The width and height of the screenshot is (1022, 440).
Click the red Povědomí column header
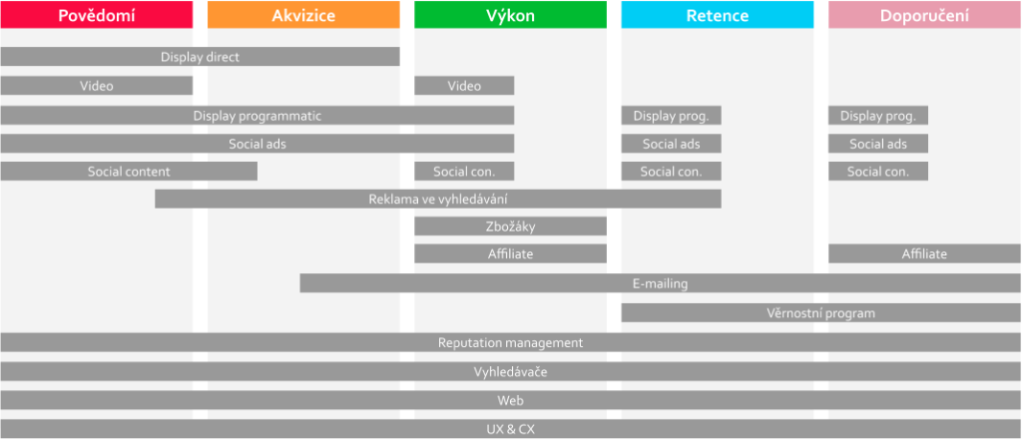point(96,15)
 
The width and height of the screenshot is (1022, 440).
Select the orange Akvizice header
point(303,15)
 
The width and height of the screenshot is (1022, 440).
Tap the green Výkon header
point(510,15)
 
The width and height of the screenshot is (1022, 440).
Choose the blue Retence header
point(718,15)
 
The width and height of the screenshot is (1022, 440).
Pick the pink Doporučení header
point(924,15)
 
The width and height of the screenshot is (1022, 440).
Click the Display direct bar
point(200,57)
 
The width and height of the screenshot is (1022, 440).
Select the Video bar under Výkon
point(464,86)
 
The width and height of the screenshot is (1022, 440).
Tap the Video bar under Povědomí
point(96,86)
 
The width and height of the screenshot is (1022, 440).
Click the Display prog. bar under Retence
point(671,116)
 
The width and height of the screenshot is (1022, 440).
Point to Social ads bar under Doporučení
point(878,144)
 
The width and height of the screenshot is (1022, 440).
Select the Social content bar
point(129,172)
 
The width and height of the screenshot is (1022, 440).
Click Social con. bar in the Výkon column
point(464,172)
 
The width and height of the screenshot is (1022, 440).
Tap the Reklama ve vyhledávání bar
point(437,200)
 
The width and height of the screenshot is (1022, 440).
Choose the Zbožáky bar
point(510,226)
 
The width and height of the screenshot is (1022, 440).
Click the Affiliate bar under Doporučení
point(924,254)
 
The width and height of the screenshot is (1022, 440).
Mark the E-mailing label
point(660,283)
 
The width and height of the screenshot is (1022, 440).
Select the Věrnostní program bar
point(820,313)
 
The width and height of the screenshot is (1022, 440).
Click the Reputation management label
point(510,342)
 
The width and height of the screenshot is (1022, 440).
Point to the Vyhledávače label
point(510,372)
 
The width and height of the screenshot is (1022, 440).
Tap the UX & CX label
point(510,429)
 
